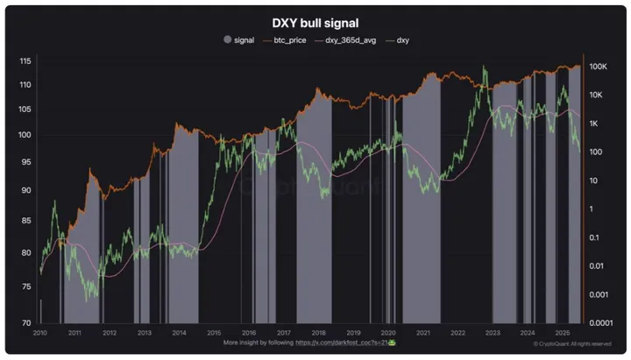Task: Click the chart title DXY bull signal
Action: coord(315,23)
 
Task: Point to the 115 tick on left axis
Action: coord(25,60)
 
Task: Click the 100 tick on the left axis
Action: coord(25,135)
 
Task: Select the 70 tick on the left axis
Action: coord(26,323)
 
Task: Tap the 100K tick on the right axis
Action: coord(600,67)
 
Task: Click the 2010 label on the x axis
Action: coord(39,334)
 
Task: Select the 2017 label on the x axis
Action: coord(283,334)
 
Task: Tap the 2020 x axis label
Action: coord(388,334)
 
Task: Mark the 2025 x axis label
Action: coord(562,334)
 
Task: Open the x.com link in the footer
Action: coord(344,342)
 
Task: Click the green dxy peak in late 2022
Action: coord(484,67)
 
